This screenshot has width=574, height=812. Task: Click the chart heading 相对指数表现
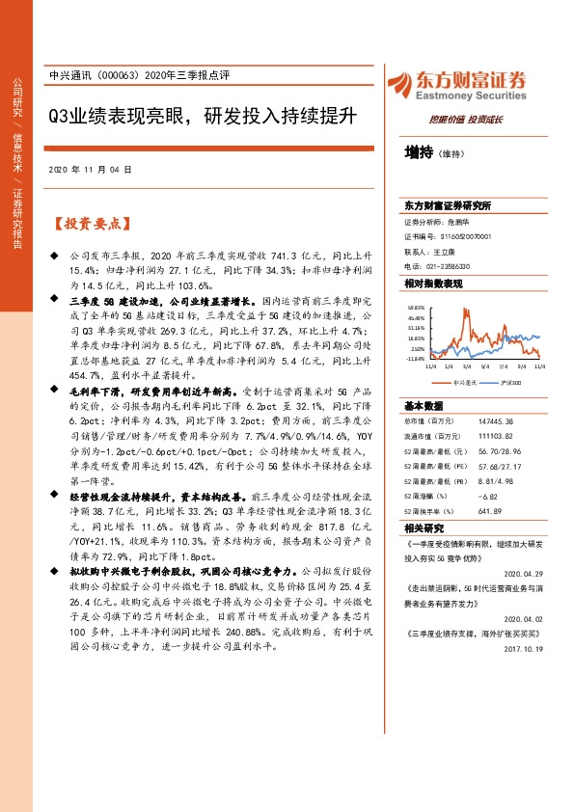pos(433,284)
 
